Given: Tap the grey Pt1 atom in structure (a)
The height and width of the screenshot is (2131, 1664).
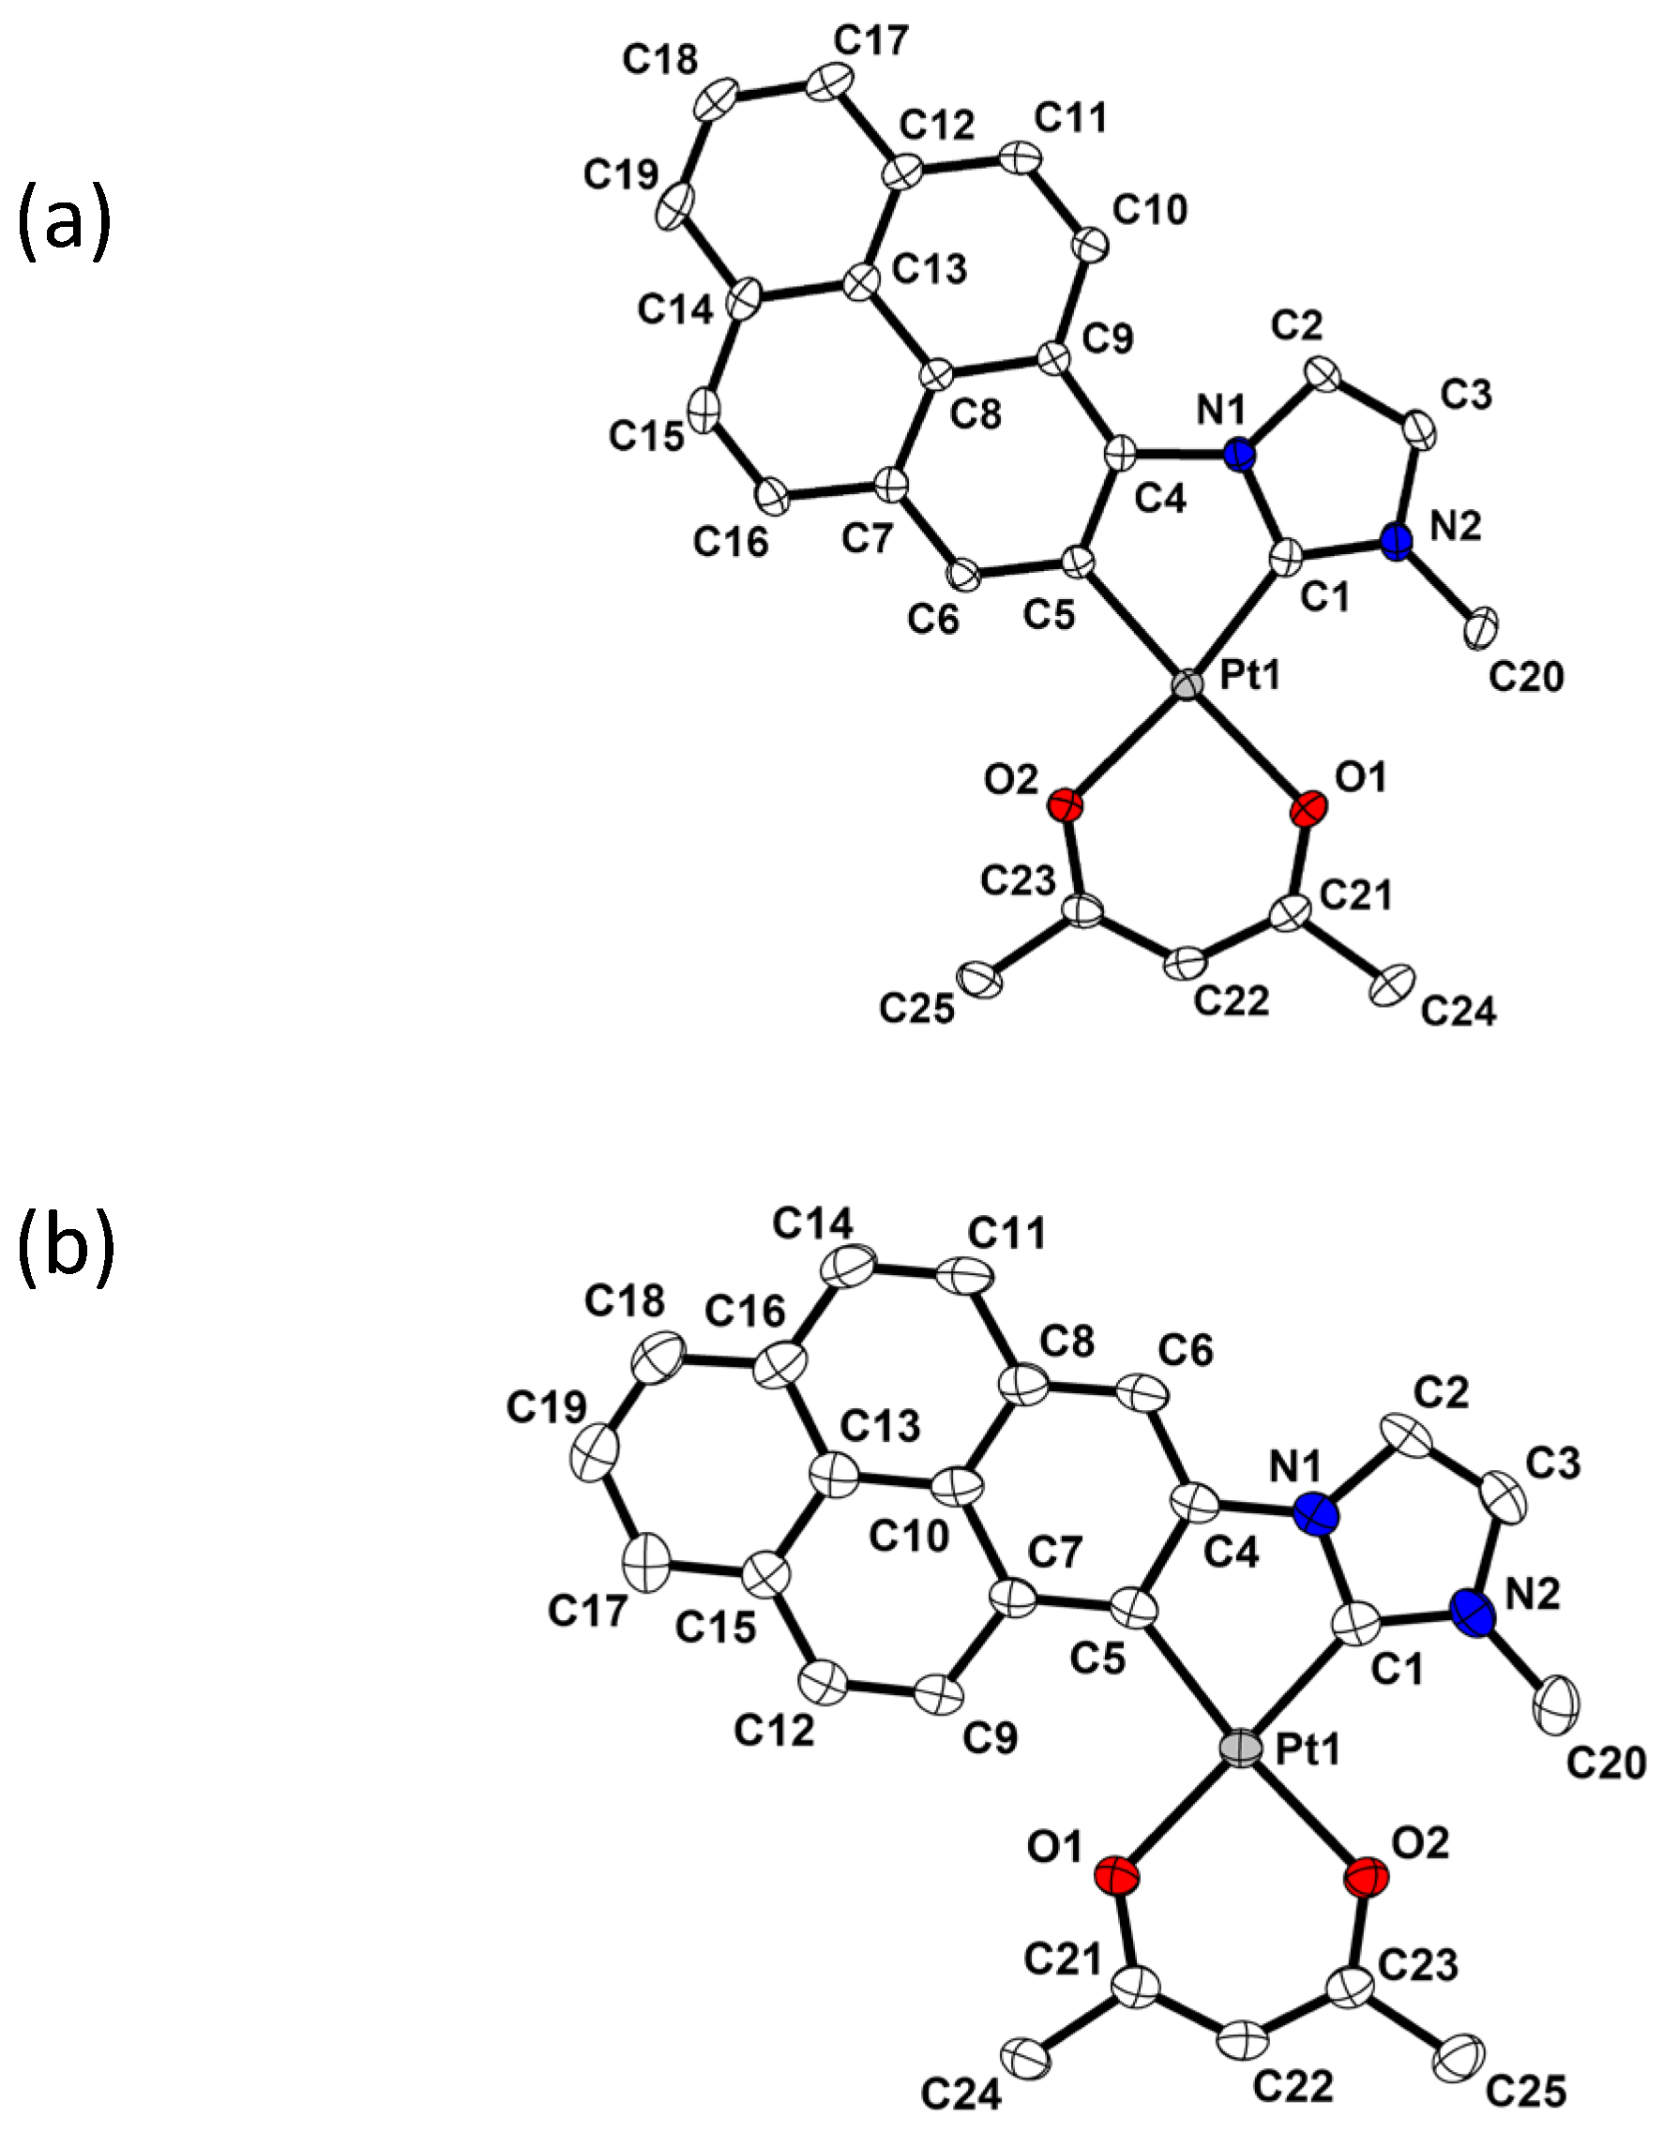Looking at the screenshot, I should click(x=1187, y=684).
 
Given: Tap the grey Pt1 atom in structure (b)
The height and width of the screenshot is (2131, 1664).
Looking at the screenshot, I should click(x=1241, y=1748).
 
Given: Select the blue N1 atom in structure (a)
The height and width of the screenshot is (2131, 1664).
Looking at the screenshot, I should click(x=1239, y=455).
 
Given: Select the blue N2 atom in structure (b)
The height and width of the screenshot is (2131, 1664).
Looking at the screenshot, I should click(x=1472, y=1613).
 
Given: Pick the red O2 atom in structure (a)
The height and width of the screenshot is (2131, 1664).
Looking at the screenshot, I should click(x=1065, y=806).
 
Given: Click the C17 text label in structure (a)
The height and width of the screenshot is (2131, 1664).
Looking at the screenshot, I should click(x=870, y=41).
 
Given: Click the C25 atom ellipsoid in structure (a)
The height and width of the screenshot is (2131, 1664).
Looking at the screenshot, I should click(x=981, y=979).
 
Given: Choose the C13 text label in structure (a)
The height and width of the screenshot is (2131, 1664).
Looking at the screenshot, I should click(x=930, y=268).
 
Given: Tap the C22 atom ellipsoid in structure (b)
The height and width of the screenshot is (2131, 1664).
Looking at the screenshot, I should click(x=1244, y=2039).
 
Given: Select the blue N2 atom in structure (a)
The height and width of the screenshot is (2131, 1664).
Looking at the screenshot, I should click(x=1397, y=540).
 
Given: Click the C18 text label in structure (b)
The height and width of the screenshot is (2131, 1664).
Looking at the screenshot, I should click(x=625, y=1299).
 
